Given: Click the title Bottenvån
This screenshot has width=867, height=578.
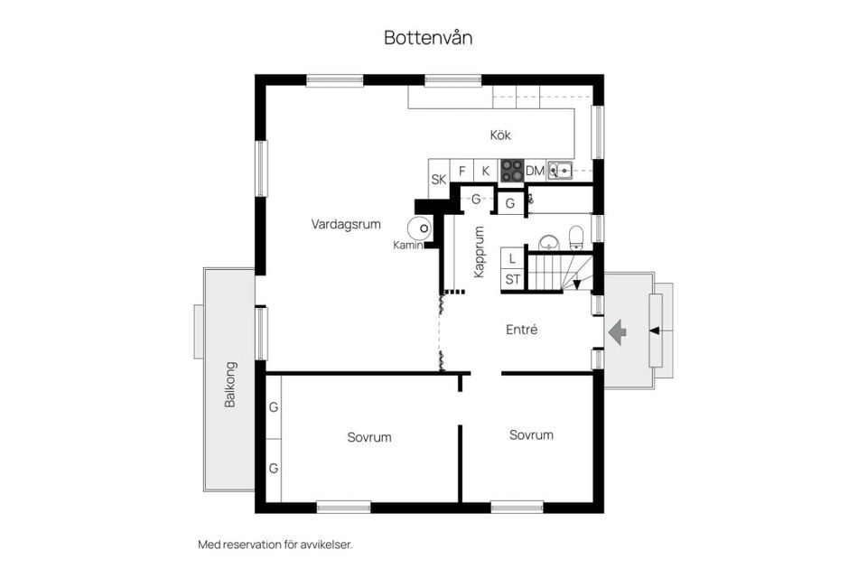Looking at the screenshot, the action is [428, 38].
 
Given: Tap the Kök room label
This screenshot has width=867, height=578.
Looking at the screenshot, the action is [500, 135].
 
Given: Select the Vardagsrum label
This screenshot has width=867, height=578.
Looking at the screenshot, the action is [346, 224].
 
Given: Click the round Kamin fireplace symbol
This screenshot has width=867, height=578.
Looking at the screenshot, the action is [419, 228].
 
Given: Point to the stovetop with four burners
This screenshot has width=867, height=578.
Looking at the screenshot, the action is [511, 171].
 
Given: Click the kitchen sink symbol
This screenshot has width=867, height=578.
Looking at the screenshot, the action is [560, 171].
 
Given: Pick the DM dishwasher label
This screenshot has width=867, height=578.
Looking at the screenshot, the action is [535, 171].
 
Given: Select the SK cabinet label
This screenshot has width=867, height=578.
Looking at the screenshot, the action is [439, 179].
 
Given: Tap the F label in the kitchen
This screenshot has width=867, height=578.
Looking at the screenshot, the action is [462, 171].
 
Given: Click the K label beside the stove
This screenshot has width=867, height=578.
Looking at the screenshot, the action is [486, 171].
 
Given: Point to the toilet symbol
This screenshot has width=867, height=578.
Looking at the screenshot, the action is [576, 237].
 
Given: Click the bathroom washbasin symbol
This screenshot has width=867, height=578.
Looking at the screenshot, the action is [548, 242].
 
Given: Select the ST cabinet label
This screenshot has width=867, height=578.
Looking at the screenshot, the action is [513, 279].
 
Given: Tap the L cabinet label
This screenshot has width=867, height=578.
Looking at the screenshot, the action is [512, 258].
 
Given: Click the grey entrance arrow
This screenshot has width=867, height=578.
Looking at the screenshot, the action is [617, 331].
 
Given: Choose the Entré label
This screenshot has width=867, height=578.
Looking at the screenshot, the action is [521, 330].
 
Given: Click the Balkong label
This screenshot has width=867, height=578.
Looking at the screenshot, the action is [230, 385].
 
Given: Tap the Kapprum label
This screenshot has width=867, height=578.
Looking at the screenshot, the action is [479, 252].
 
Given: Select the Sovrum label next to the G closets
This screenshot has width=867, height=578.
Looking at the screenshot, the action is [369, 437].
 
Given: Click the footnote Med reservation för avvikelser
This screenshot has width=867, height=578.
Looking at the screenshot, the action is [275, 545].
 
